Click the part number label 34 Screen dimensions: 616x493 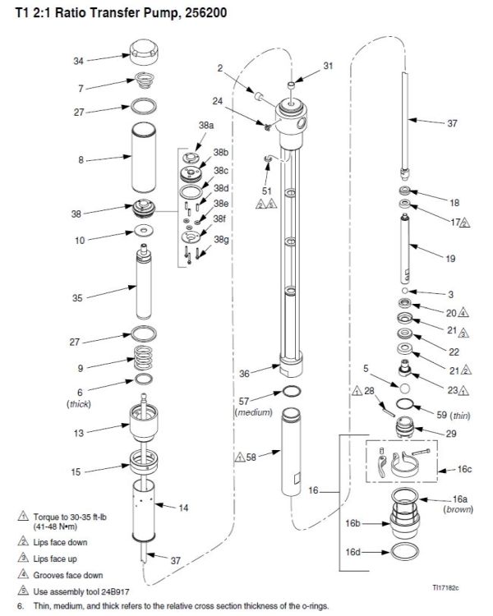coord(78,61)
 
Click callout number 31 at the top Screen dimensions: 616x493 coord(329,65)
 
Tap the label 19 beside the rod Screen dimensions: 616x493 coord(449,259)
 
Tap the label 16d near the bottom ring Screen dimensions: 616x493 coord(353,552)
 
